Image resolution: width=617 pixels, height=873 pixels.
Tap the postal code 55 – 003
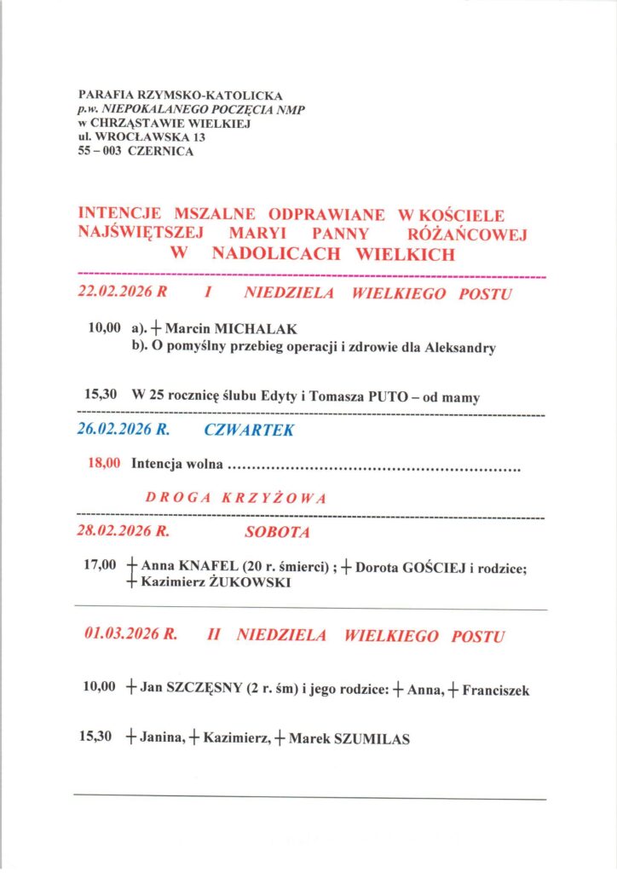pyautogui.click(x=100, y=151)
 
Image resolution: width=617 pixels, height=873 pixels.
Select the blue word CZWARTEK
pyautogui.click(x=249, y=431)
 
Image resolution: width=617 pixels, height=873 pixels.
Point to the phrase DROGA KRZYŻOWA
pyautogui.click(x=236, y=499)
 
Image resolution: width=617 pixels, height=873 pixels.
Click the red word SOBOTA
pyautogui.click(x=277, y=533)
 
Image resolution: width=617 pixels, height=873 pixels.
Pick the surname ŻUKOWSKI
pyautogui.click(x=252, y=583)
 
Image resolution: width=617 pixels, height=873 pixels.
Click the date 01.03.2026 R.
pyautogui.click(x=130, y=635)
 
